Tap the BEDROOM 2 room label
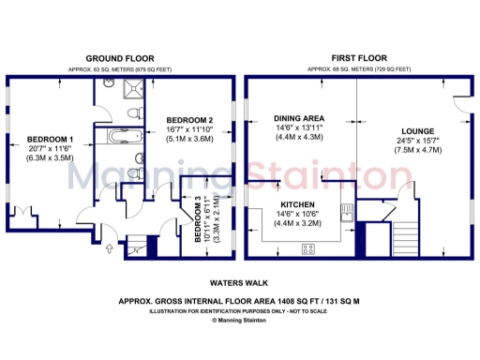pyautogui.click(x=189, y=120)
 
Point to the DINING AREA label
pyautogui.click(x=299, y=118)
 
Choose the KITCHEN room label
pyautogui.click(x=299, y=203)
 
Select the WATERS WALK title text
pyautogui.click(x=240, y=281)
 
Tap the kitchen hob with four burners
pyautogui.click(x=307, y=248)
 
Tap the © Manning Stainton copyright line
pyautogui.click(x=240, y=320)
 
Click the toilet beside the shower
pyautogui.click(x=136, y=112)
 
